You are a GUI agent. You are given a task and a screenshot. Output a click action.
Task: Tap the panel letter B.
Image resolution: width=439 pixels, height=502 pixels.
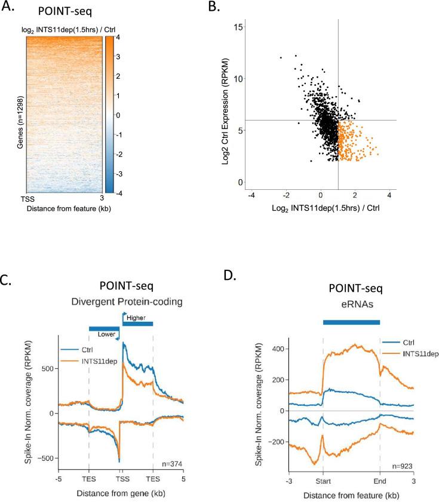coord(212,8)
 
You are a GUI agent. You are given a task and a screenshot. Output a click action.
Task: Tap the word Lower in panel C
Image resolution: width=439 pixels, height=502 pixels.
coord(108,334)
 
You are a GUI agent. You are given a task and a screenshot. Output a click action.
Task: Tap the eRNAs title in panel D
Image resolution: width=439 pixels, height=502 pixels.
coord(351,307)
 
